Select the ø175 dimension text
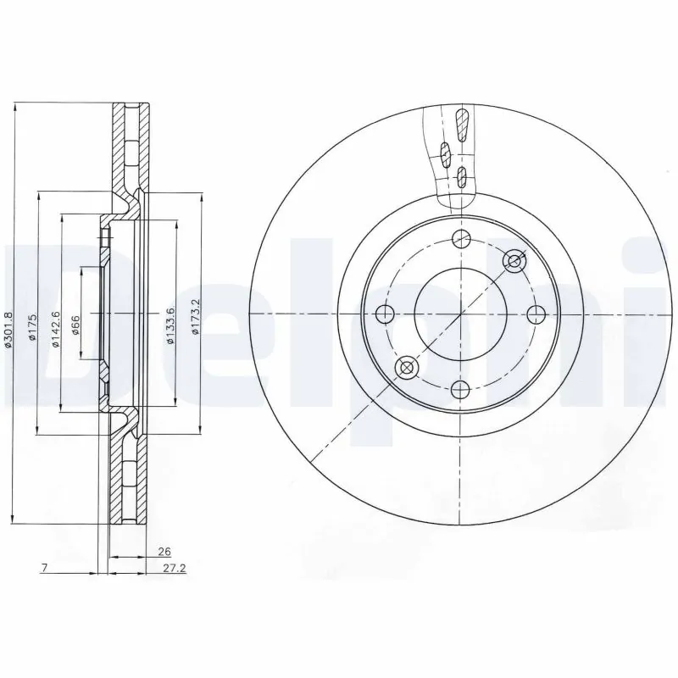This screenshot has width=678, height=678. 31,327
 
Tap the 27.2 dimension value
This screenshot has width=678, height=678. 175,568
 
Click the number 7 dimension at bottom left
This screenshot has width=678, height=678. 42,568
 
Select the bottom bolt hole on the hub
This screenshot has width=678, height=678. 460,389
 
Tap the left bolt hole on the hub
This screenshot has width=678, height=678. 385,314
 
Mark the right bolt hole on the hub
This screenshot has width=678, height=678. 535,314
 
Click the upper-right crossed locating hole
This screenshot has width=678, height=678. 514,261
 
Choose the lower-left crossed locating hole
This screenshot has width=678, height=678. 407,368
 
